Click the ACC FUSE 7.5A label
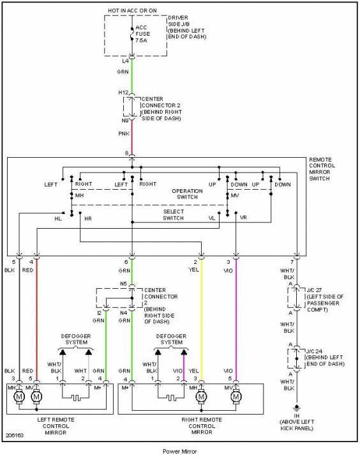pyautogui.click(x=142, y=34)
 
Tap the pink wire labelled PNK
pyautogui.click(x=132, y=137)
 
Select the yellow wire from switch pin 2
pyautogui.click(x=202, y=320)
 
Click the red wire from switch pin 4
pyautogui.click(x=36, y=320)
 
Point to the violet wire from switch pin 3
pyautogui.click(x=236, y=320)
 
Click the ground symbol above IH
pyautogui.click(x=297, y=408)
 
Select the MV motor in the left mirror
pyautogui.click(x=36, y=397)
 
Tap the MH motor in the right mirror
pyautogui.click(x=201, y=397)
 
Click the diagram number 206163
pyautogui.click(x=15, y=435)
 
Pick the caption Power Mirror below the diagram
pyautogui.click(x=180, y=451)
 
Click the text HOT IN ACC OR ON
pyautogui.click(x=133, y=11)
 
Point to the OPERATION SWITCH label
pyautogui.click(x=187, y=194)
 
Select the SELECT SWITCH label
pyautogui.click(x=174, y=215)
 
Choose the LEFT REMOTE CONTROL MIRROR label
pyautogui.click(x=56, y=426)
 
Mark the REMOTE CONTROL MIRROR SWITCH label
pyautogui.click(x=322, y=169)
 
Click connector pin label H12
pyautogui.click(x=123, y=93)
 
